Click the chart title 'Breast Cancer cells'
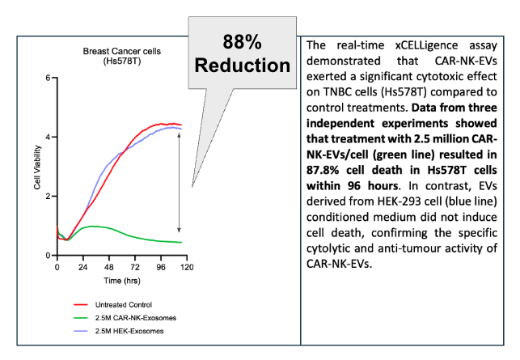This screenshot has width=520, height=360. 121,51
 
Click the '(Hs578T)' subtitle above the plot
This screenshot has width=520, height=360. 121,61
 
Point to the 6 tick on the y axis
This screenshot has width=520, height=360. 49,78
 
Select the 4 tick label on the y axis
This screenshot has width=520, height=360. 49,137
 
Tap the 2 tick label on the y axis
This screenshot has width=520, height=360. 49,197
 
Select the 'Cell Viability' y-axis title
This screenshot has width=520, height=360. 37,167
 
